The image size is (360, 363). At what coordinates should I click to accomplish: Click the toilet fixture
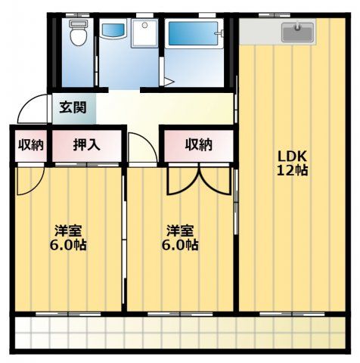[x=79, y=33]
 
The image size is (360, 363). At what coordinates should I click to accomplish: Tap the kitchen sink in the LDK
[x=298, y=33]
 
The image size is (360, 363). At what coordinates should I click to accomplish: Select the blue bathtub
[x=193, y=33]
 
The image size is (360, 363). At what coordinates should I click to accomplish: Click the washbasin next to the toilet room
[x=113, y=30]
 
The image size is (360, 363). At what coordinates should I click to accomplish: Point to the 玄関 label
[x=73, y=107]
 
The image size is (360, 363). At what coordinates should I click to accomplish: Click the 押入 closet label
[x=86, y=145]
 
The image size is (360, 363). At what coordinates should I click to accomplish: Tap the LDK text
[x=292, y=157]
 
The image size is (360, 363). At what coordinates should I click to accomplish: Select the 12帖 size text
[x=292, y=170]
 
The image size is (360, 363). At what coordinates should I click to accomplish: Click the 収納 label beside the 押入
[x=31, y=145]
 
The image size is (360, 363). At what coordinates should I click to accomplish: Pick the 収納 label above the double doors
[x=199, y=145]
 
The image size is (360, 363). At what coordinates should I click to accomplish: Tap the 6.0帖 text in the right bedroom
[x=180, y=244]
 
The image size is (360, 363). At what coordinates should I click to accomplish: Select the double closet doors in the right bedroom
[x=199, y=180]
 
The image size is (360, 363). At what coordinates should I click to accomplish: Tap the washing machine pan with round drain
[x=144, y=33]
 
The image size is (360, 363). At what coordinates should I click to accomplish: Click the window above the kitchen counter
[x=275, y=15]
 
